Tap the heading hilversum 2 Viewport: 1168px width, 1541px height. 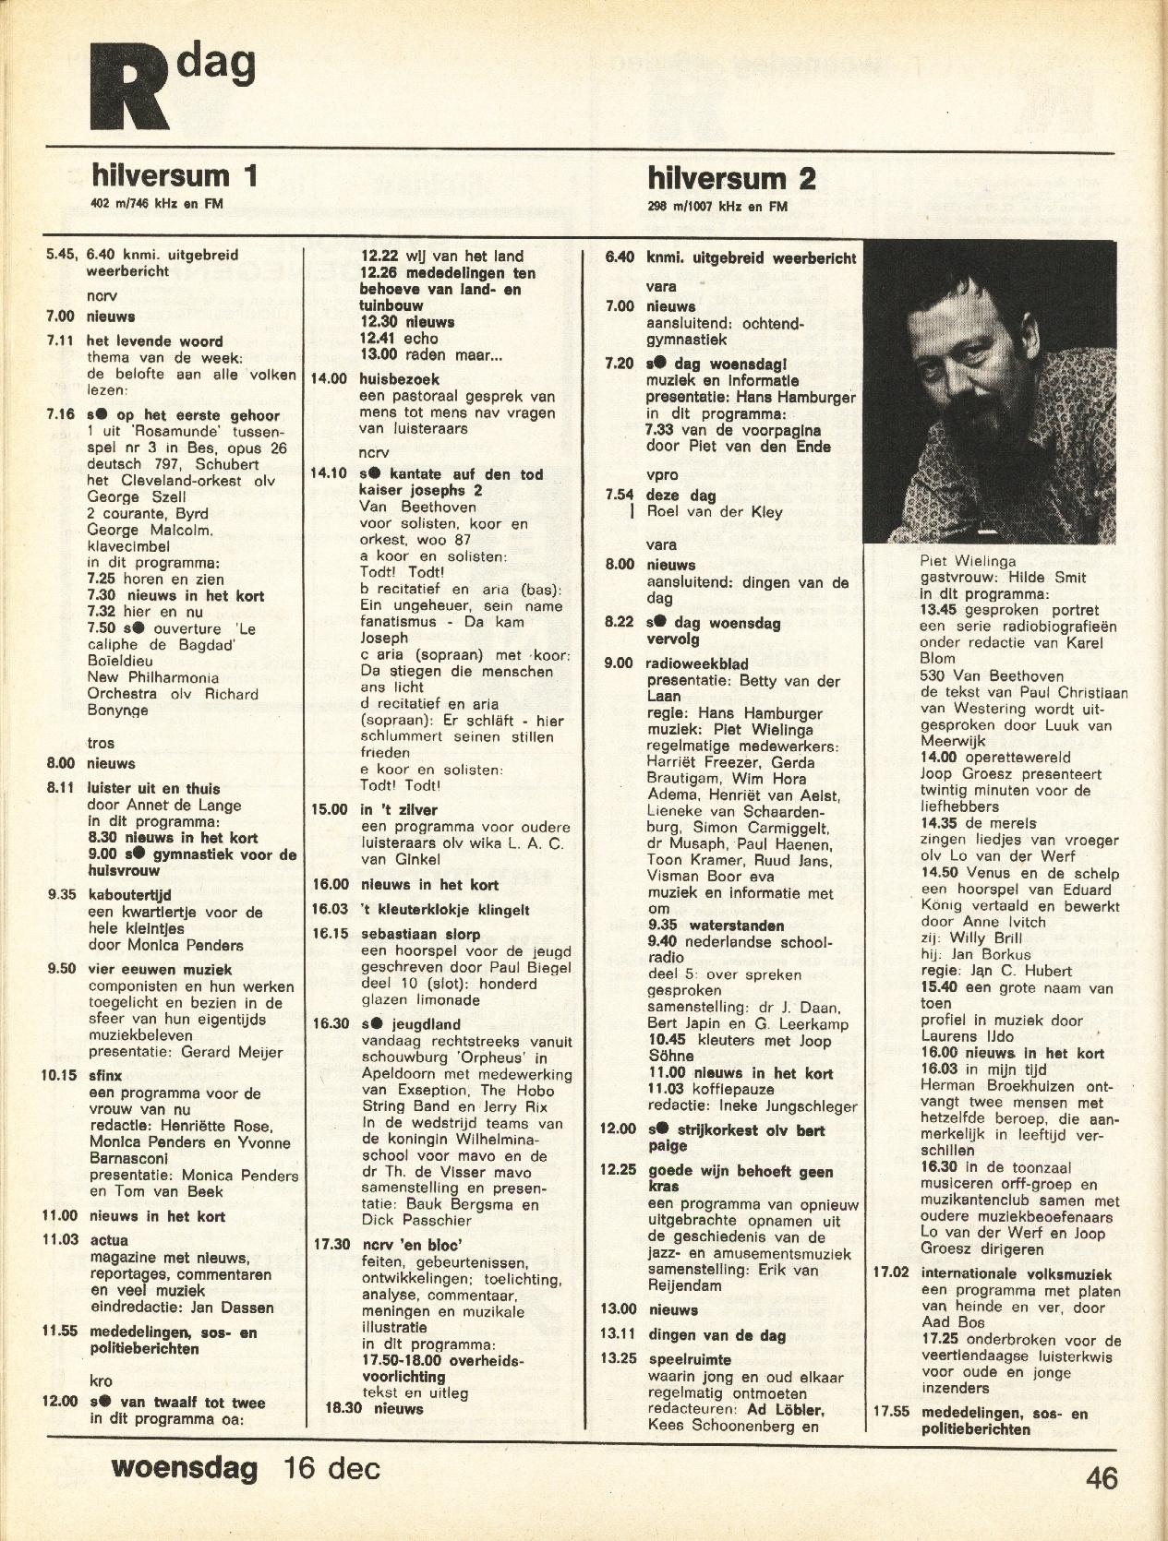click(731, 177)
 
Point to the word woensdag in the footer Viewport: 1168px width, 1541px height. click(184, 1467)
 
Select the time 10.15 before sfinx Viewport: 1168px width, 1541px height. click(60, 1074)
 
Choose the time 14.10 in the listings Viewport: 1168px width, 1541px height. click(328, 473)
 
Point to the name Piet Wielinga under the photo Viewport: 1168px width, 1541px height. click(968, 560)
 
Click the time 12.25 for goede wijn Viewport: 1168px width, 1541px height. click(618, 1170)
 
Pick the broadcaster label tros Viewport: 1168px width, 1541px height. click(101, 743)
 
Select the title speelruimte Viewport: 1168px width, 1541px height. click(690, 1359)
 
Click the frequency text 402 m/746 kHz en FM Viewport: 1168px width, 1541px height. click(156, 204)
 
